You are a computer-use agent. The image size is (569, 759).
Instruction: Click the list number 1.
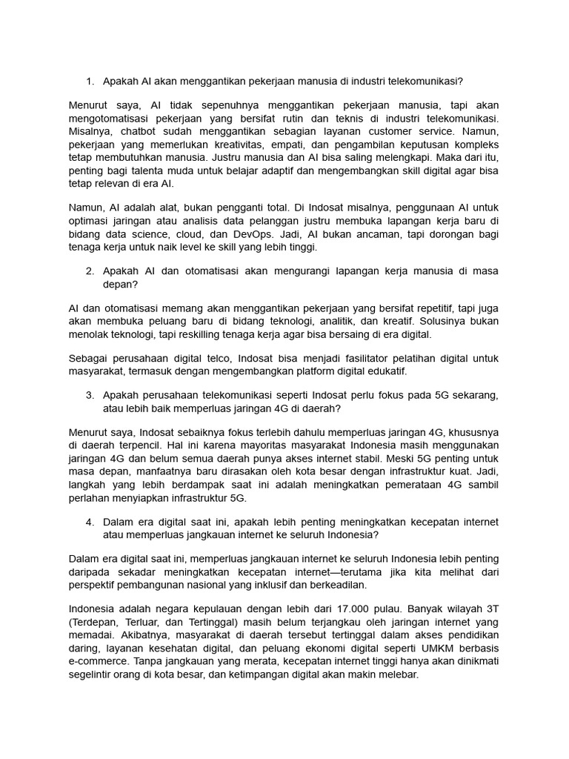[x=89, y=82]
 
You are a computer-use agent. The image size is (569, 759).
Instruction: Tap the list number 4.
[x=89, y=522]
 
